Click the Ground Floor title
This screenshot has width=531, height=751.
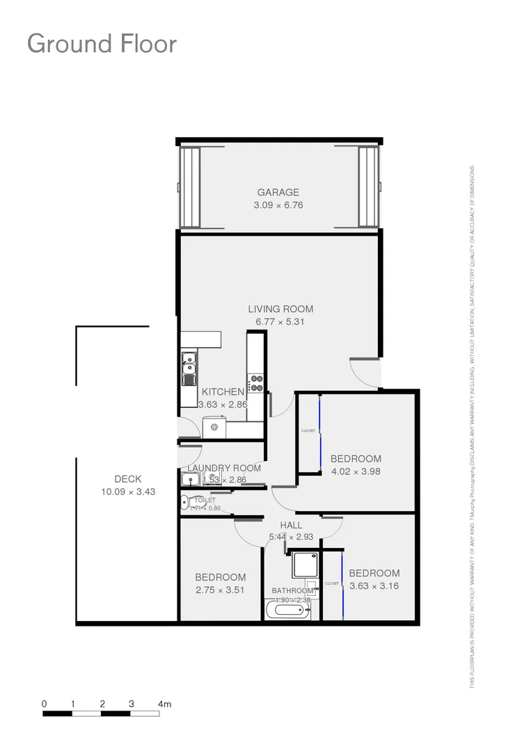point(102,43)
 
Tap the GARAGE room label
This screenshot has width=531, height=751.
point(278,193)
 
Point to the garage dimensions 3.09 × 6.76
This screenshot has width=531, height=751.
point(278,206)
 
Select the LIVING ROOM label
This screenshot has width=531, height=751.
point(280,309)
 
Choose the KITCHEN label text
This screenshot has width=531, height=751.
point(223,392)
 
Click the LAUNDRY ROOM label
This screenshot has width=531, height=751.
point(224,468)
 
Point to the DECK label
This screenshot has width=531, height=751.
point(128,479)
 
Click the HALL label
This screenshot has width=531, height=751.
point(290,525)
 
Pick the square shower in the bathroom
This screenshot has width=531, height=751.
point(305,565)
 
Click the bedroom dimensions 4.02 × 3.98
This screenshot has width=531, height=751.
point(356,472)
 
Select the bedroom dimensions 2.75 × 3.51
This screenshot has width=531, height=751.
point(220,590)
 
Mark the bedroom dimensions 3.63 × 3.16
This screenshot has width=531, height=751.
point(374,586)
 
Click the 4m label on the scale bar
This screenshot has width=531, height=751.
point(164,704)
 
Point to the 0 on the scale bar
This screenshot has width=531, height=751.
point(45,704)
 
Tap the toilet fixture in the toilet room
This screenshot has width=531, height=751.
point(184,503)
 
